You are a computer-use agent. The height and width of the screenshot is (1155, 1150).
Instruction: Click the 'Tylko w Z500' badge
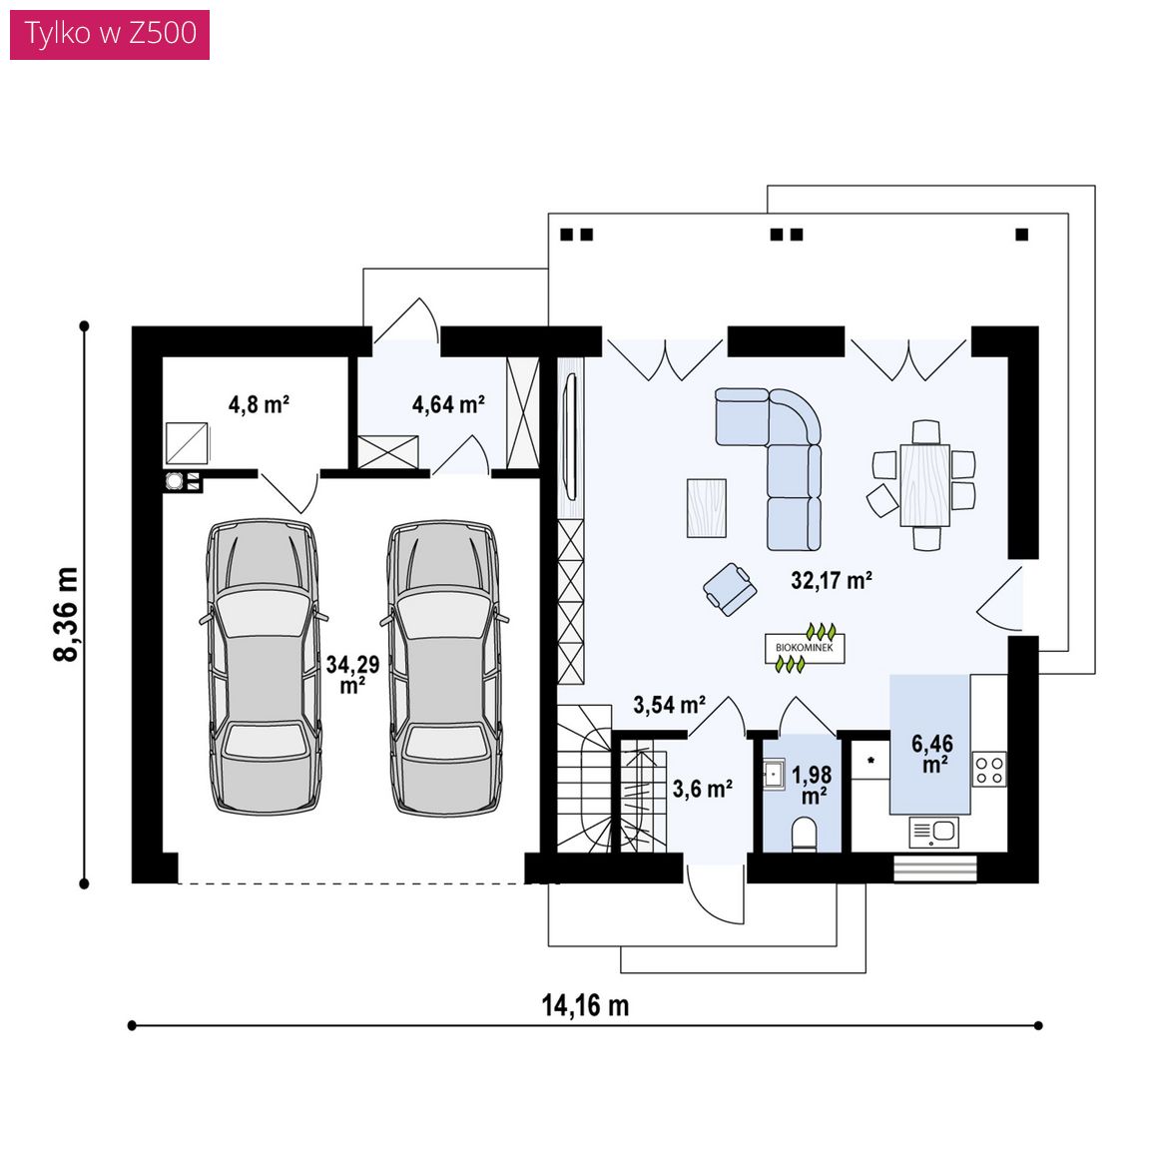click(x=110, y=34)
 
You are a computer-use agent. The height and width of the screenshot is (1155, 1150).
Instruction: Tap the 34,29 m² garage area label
click(x=352, y=674)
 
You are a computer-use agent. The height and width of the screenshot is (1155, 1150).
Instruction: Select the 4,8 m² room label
click(x=259, y=404)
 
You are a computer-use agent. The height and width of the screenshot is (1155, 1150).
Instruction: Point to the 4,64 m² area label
click(x=448, y=404)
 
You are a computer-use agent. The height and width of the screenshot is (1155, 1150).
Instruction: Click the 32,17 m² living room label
click(x=831, y=580)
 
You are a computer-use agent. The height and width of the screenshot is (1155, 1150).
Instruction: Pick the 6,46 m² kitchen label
click(x=932, y=754)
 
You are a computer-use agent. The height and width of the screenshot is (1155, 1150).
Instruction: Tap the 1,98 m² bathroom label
click(x=812, y=785)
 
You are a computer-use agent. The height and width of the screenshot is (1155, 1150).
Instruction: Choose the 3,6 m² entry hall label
click(x=702, y=790)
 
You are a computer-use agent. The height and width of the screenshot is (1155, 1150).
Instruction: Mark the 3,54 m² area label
click(x=669, y=705)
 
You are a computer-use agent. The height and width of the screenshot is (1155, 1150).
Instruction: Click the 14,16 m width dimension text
click(x=586, y=1005)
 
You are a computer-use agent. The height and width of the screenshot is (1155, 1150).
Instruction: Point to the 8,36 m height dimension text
click(x=66, y=615)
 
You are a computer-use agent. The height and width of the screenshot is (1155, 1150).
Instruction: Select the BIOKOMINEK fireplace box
click(x=805, y=648)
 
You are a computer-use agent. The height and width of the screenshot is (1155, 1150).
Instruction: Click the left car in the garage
click(x=264, y=667)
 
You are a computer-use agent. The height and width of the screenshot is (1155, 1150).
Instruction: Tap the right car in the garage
click(x=444, y=668)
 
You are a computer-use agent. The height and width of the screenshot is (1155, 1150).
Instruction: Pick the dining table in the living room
click(x=924, y=485)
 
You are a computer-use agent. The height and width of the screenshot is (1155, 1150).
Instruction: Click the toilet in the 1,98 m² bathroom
click(x=804, y=837)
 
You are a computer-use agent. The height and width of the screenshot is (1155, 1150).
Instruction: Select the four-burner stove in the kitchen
click(x=989, y=769)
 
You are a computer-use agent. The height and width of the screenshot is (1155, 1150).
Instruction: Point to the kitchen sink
click(x=934, y=833)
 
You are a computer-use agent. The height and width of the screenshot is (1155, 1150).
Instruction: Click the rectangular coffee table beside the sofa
click(x=707, y=507)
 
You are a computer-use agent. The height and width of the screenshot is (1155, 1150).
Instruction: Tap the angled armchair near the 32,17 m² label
click(x=730, y=589)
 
